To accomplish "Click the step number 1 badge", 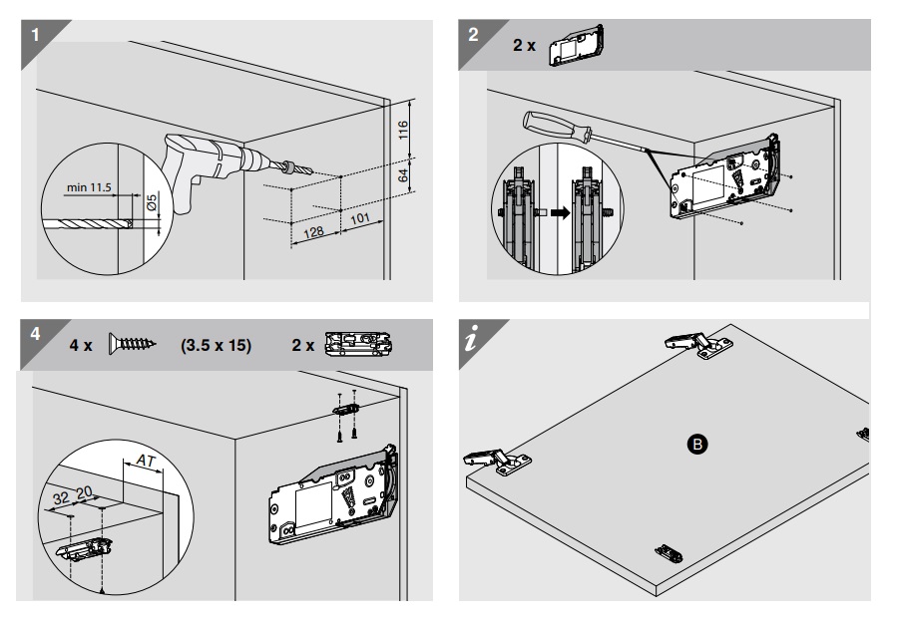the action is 35,35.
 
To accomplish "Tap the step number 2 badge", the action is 473,35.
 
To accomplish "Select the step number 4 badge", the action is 36,334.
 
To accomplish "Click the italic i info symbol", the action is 471,339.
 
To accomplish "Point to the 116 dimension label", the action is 403,130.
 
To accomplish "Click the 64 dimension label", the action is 403,175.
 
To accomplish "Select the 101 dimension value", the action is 360,219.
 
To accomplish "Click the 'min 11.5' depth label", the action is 89,187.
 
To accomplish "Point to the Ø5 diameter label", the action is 152,202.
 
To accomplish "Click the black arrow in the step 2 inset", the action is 561,212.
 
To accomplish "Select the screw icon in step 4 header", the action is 133,344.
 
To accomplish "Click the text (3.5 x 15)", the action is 216,346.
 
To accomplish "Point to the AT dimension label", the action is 146,461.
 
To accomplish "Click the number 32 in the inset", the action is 61,498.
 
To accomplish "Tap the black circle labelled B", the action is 697,445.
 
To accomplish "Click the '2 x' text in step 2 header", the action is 524,45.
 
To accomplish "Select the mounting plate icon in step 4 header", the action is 358,344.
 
